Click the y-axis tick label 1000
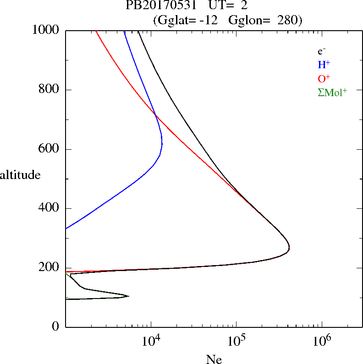tap(46, 31)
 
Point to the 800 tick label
tap(50, 90)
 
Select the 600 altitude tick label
tap(50, 149)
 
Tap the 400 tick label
tap(50, 208)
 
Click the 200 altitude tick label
tap(50, 268)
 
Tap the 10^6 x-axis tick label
tap(321, 341)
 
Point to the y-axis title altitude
tap(20, 175)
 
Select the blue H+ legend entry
tap(324, 65)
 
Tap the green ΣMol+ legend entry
tap(332, 92)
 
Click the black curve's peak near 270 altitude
tap(289, 248)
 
